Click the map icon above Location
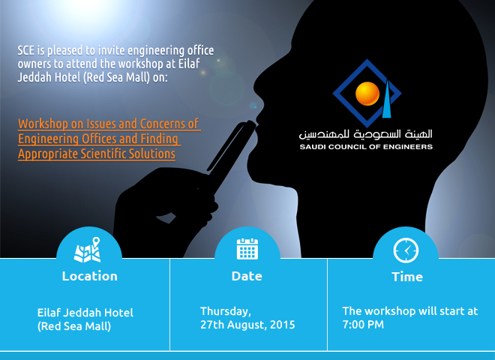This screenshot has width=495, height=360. click(87, 250)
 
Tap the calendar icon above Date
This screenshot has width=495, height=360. click(247, 249)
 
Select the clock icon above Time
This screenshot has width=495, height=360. click(406, 250)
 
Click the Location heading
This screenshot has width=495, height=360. click(90, 276)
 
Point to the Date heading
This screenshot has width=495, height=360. click(247, 276)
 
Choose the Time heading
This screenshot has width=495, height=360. click(407, 277)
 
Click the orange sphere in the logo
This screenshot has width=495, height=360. click(367, 94)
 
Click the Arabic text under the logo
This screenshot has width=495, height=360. click(365, 134)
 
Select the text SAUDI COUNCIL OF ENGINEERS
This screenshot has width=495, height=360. click(366, 147)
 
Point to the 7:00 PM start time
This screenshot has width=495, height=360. click(363, 325)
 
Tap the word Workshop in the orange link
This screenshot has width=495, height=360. click(43, 124)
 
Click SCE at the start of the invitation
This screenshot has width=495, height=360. click(26, 50)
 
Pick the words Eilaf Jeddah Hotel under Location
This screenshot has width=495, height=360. click(85, 313)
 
